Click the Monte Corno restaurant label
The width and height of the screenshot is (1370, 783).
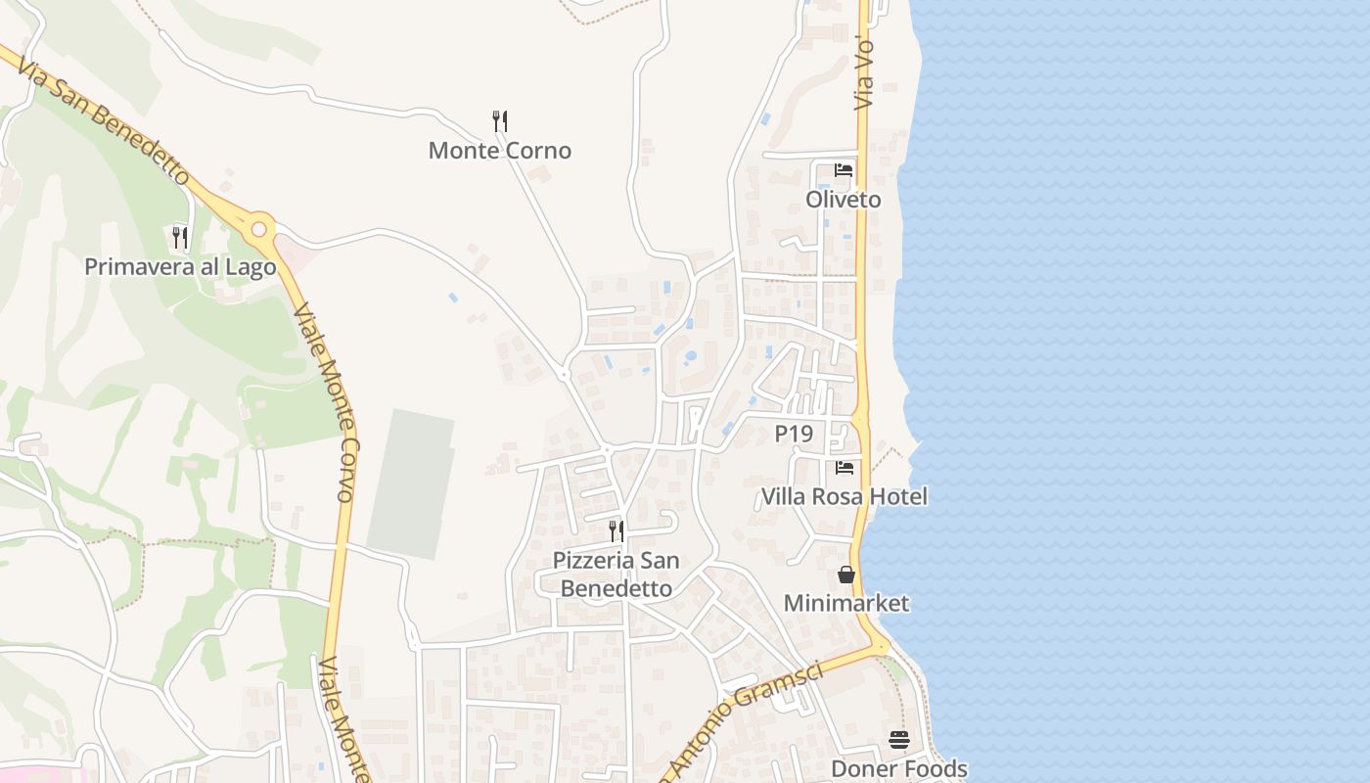coord(500,151)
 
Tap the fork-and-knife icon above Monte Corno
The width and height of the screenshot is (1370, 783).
coord(500,121)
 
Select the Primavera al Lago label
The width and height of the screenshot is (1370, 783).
coord(180,267)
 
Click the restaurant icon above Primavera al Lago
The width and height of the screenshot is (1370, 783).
coord(180,237)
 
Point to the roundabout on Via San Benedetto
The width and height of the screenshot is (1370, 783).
coord(258,230)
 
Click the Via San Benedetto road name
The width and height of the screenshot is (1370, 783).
coord(103,113)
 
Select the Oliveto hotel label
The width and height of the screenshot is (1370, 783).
coord(843,200)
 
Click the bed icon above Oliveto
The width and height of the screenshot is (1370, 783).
coord(844,170)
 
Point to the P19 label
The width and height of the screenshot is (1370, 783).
coord(794,434)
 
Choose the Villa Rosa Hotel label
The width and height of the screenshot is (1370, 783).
coord(844,497)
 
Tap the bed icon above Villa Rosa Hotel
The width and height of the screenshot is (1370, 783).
coord(845,468)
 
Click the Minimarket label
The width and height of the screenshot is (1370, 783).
coord(846,603)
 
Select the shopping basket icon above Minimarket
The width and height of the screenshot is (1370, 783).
coord(846,575)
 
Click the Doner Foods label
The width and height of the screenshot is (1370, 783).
coord(899,769)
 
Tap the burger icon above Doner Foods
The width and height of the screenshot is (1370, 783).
coord(899,740)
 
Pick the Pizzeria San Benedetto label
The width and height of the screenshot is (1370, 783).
coord(616,575)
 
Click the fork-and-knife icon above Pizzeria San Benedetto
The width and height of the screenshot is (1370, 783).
coord(616,531)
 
